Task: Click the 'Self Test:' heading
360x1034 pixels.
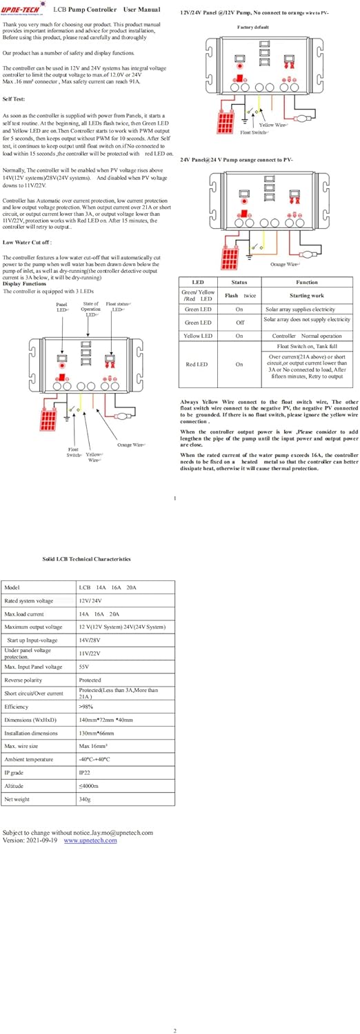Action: pyautogui.click(x=15, y=99)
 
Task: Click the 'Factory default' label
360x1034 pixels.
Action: pyautogui.click(x=252, y=27)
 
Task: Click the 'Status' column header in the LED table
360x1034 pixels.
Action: pyautogui.click(x=239, y=282)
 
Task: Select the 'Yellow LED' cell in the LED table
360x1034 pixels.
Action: pyautogui.click(x=199, y=336)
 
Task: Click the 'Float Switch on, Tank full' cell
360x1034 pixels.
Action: pyautogui.click(x=307, y=346)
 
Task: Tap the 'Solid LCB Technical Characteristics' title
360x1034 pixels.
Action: pyautogui.click(x=86, y=559)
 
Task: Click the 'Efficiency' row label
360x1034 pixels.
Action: pyautogui.click(x=17, y=707)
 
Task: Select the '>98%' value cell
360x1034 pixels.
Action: pyautogui.click(x=87, y=707)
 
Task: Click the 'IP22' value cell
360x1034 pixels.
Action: pyautogui.click(x=86, y=773)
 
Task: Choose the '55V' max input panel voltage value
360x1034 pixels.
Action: pyautogui.click(x=85, y=667)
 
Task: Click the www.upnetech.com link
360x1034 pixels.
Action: pyautogui.click(x=90, y=840)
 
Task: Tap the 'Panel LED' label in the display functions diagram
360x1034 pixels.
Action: pyautogui.click(x=63, y=307)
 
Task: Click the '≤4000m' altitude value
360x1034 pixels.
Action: pyautogui.click(x=89, y=786)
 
